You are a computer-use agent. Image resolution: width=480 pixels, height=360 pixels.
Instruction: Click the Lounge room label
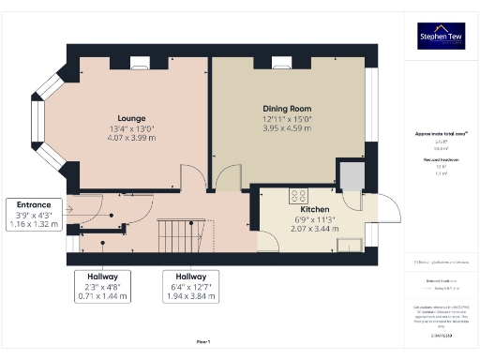(x=130, y=119)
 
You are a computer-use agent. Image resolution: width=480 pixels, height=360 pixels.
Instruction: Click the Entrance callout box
(x=33, y=215)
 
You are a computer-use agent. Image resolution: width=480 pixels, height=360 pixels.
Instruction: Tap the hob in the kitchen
(x=300, y=196)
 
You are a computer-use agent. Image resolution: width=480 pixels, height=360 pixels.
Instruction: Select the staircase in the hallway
(x=175, y=231)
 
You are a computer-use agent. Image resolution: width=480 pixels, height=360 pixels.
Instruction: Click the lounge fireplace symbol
(x=142, y=64)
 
